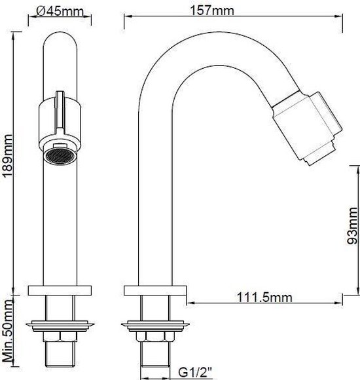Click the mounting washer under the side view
pyautogui.click(x=154, y=324)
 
